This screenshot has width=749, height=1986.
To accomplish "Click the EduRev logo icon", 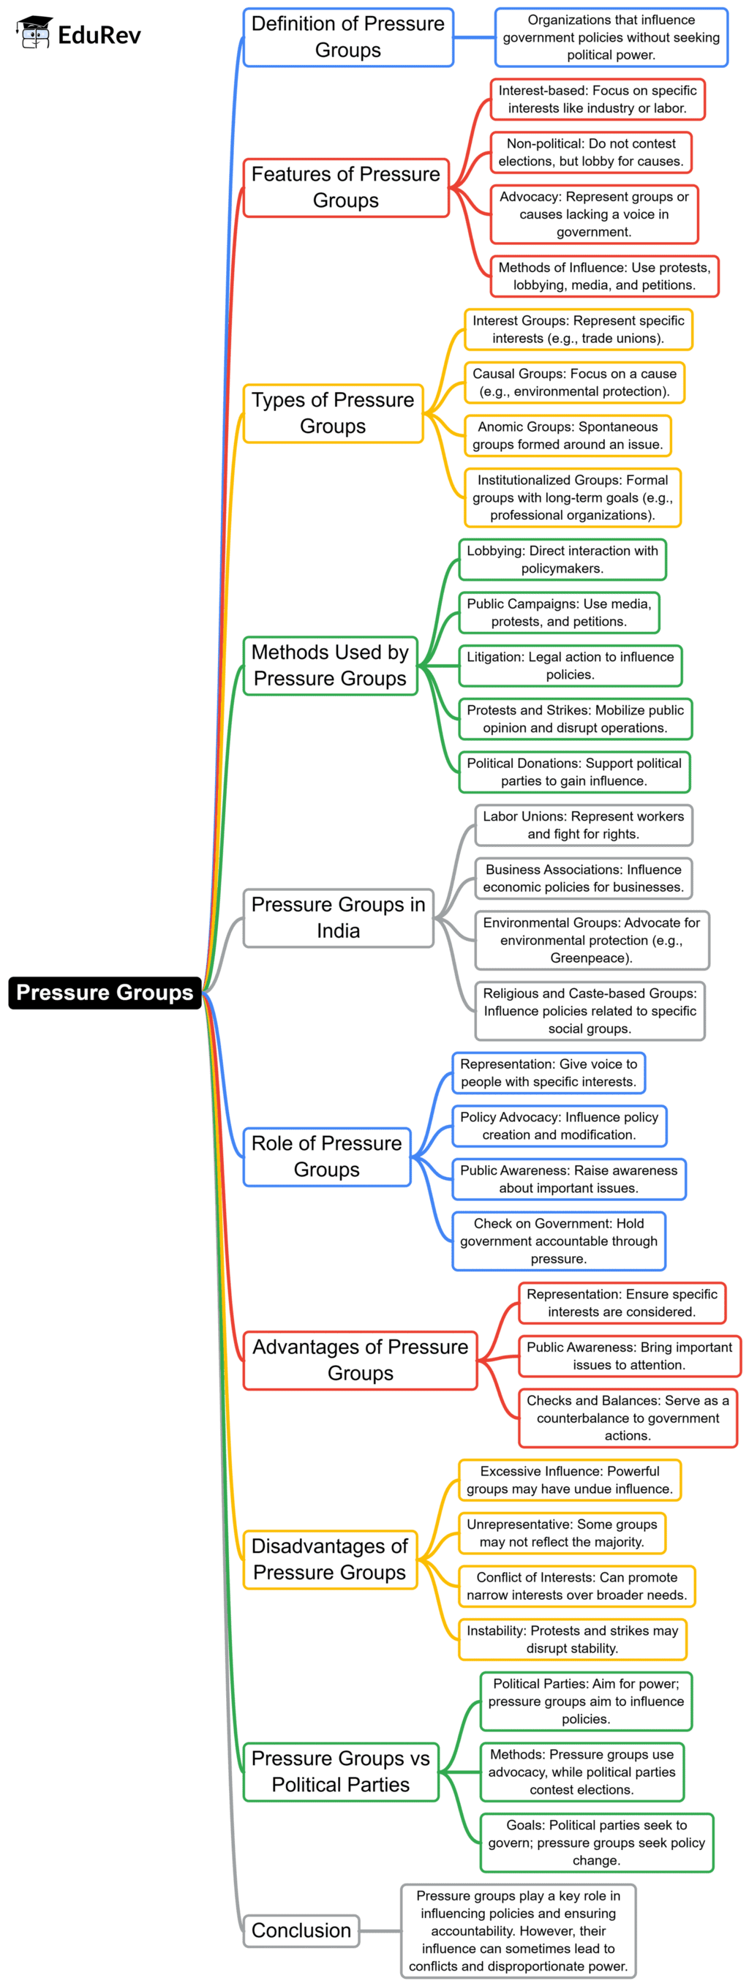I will pyautogui.click(x=34, y=33).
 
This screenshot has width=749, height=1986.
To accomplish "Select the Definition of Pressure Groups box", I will pyautogui.click(x=348, y=37).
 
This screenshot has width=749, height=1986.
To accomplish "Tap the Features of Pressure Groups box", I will pyautogui.click(x=346, y=187).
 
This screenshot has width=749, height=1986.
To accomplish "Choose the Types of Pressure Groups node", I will pyautogui.click(x=333, y=413).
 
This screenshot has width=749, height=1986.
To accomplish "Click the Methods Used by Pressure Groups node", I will pyautogui.click(x=330, y=666).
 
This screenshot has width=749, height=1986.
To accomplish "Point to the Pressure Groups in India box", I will pyautogui.click(x=338, y=917).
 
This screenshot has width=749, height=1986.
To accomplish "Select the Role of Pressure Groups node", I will pyautogui.click(x=327, y=1156).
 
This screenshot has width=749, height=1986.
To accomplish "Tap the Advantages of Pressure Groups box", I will pyautogui.click(x=360, y=1360).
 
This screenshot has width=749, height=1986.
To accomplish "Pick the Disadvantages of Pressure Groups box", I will pyautogui.click(x=330, y=1559).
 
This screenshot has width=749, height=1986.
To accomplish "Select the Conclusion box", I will pyautogui.click(x=301, y=1930).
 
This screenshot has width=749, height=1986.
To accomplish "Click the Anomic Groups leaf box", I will pyautogui.click(x=568, y=435).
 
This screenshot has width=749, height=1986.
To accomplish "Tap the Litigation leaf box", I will pyautogui.click(x=571, y=666).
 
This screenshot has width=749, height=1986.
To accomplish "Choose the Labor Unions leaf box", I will pyautogui.click(x=583, y=825).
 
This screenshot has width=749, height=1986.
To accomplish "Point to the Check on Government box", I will pyautogui.click(x=559, y=1241).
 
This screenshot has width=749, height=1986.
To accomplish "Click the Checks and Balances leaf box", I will pyautogui.click(x=628, y=1418).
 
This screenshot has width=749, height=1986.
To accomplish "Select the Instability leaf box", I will pyautogui.click(x=572, y=1639).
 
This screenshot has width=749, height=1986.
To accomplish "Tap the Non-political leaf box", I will pyautogui.click(x=590, y=152).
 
